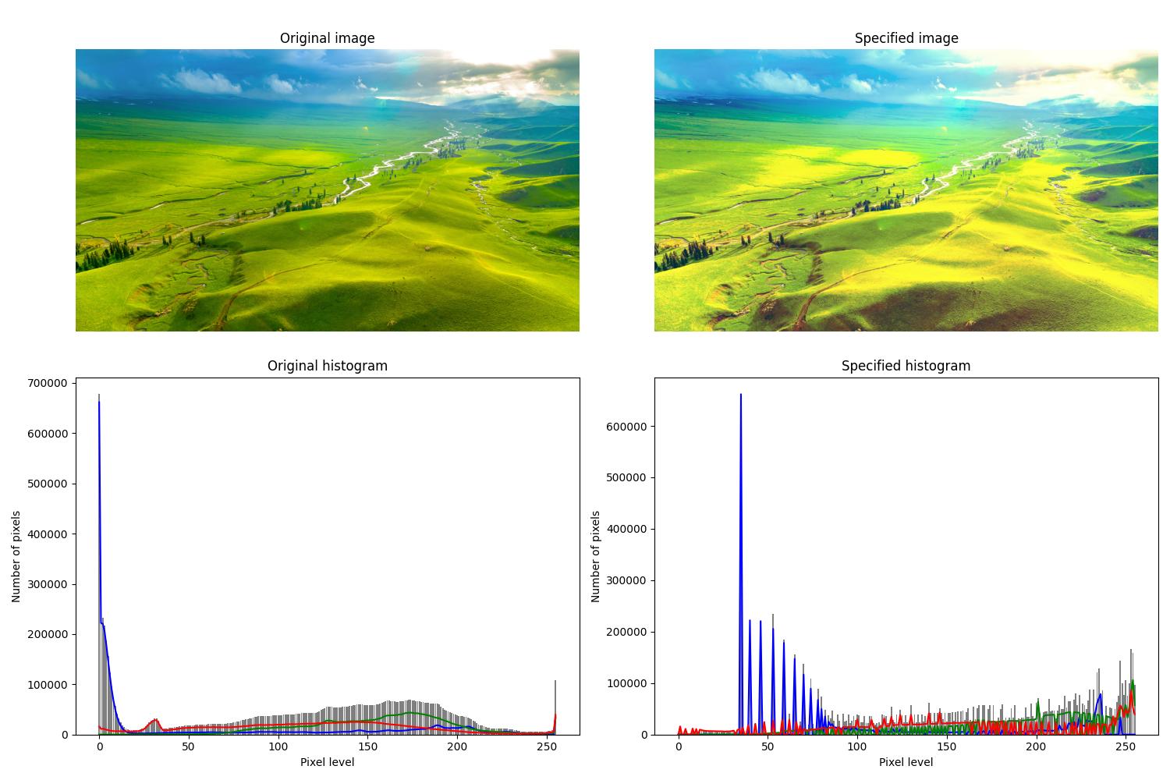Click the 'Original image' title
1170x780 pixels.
[327, 38]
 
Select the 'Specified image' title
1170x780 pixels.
[906, 38]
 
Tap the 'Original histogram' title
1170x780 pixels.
[327, 366]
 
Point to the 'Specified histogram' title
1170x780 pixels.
[906, 366]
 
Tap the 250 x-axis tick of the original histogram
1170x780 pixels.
[547, 747]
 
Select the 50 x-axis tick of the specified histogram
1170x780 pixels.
[768, 747]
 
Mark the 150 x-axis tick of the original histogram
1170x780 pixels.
[368, 747]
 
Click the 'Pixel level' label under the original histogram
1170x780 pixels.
[327, 762]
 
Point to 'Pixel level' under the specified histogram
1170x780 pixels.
[906, 762]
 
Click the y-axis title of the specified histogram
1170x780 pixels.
[596, 556]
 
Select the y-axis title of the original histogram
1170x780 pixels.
[16, 556]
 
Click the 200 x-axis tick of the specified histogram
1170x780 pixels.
[1036, 747]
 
